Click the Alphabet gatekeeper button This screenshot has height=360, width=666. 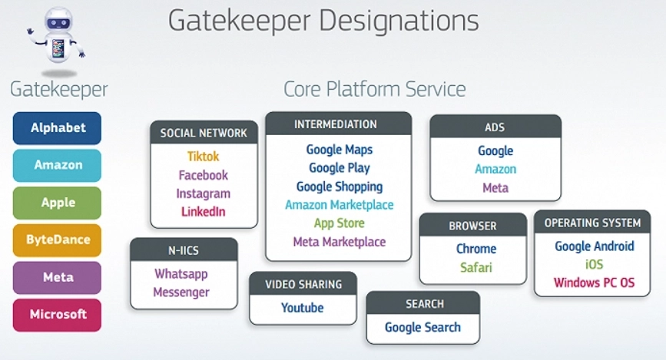(x=57, y=128)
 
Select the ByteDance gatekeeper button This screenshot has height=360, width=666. (x=57, y=239)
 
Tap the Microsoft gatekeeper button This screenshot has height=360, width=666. (x=57, y=315)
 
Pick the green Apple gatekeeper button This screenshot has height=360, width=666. (x=57, y=203)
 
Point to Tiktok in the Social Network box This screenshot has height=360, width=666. (x=203, y=157)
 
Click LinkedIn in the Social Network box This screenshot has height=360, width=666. (x=203, y=211)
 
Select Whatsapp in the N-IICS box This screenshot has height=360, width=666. (x=181, y=274)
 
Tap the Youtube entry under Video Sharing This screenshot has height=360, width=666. (x=302, y=308)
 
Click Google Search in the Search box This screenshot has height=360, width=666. (x=422, y=327)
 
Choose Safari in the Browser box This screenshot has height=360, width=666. (x=475, y=267)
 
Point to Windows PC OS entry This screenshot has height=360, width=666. (x=594, y=282)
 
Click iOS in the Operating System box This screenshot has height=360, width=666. (x=594, y=265)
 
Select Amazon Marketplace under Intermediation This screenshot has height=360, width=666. (x=339, y=205)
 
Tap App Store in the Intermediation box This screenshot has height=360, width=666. (x=339, y=223)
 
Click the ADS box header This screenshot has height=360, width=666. (x=495, y=127)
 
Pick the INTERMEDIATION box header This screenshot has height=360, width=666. (x=339, y=124)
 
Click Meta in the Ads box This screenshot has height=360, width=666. (x=495, y=187)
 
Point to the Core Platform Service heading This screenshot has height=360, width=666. (x=374, y=89)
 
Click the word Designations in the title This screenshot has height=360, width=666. (x=399, y=21)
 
